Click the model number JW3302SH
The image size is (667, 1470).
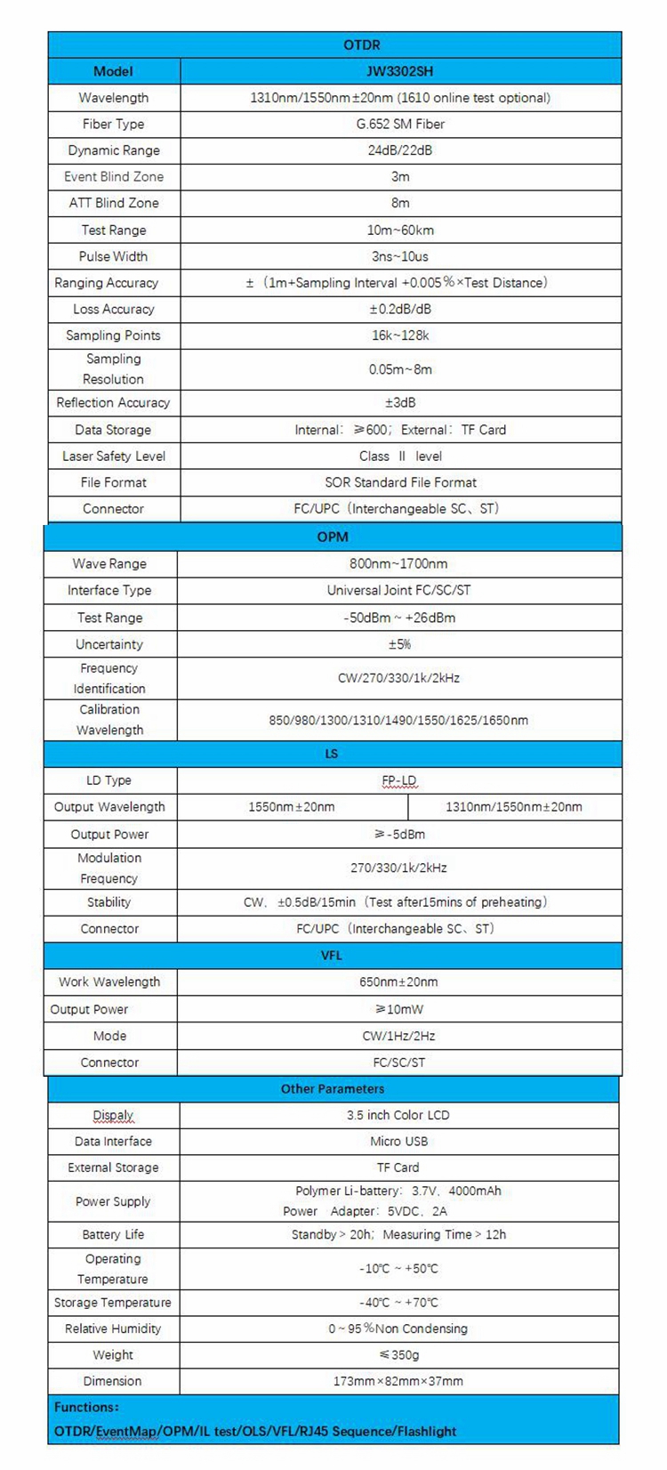400,71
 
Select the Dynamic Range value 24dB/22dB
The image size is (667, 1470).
400,150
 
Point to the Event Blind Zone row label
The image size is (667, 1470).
114,176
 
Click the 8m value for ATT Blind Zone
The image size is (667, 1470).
400,203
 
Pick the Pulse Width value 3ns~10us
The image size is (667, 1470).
400,256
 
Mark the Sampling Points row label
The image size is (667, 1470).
114,335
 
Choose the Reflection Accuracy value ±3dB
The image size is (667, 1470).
400,402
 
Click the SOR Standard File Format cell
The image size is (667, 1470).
400,482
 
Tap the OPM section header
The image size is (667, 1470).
333,537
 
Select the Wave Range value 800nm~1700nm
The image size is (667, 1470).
398,563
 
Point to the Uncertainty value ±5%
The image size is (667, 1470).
398,644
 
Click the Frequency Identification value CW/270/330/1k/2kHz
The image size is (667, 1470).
398,678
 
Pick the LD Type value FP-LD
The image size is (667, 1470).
398,780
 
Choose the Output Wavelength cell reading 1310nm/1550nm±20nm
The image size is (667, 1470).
514,807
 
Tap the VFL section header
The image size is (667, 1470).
332,955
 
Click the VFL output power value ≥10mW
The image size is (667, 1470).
398,1009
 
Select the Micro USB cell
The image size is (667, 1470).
398,1141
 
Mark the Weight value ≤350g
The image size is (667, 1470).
398,1355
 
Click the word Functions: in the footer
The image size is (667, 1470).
86,1407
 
